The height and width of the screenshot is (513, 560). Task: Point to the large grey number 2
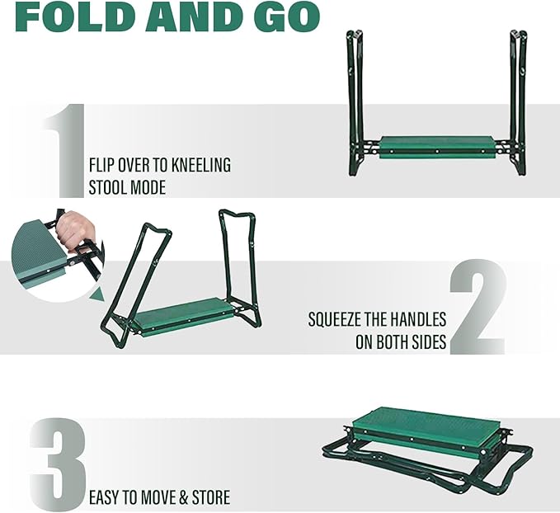[x=478, y=307]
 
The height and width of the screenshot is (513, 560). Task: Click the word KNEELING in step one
[x=200, y=166]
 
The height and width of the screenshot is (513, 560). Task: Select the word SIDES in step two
[x=429, y=342]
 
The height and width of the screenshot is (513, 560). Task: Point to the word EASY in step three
[x=104, y=498]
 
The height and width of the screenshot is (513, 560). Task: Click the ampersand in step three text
[x=184, y=498]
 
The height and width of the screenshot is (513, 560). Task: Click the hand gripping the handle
[x=76, y=228]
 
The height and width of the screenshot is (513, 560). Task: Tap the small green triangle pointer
[x=97, y=294]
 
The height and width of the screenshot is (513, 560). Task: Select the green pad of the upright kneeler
[x=437, y=147]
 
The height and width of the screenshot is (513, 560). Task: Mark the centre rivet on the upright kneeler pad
[x=437, y=152]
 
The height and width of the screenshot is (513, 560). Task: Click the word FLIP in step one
[x=102, y=166]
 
